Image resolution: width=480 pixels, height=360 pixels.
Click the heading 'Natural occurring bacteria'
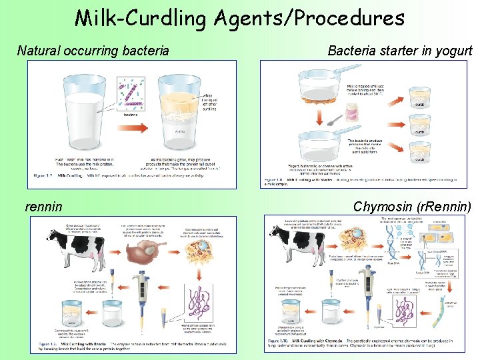click(93, 50)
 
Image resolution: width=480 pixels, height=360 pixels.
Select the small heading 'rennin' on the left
click(43, 207)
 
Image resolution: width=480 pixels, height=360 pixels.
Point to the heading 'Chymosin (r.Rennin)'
click(412, 207)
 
